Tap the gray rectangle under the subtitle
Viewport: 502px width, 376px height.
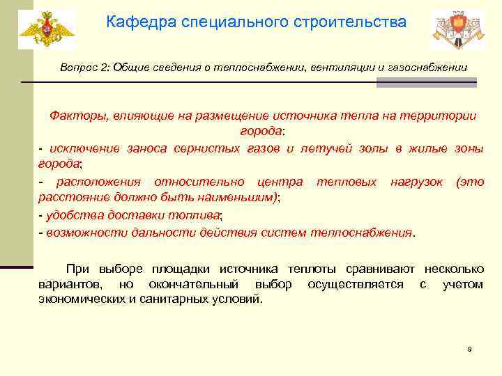[x=426, y=82]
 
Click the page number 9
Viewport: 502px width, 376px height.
[x=469, y=349]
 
